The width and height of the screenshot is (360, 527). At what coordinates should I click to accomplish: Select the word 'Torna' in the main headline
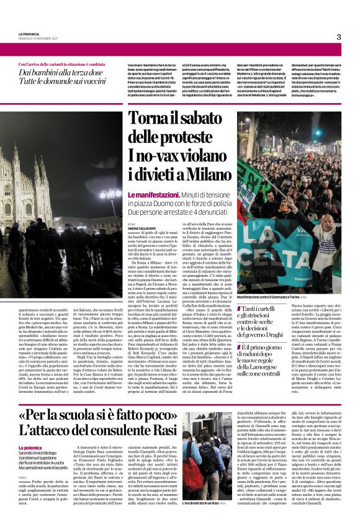coord(145,121)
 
